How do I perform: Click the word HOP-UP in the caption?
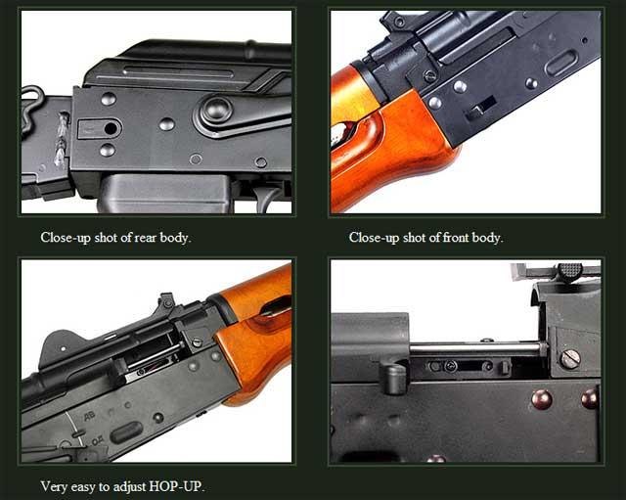click(176, 486)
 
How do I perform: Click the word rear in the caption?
click(146, 238)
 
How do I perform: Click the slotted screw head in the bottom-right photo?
click(570, 359)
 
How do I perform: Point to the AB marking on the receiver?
click(89, 416)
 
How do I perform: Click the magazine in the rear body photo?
click(164, 194)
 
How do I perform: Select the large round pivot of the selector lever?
click(216, 109)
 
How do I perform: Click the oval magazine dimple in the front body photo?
click(561, 63)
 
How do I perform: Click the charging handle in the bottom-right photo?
click(393, 379)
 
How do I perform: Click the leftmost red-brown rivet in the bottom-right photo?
click(541, 399)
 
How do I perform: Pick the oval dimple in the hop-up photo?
click(126, 432)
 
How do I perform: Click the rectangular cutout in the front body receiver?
click(481, 109)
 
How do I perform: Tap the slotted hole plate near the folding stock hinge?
click(100, 128)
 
